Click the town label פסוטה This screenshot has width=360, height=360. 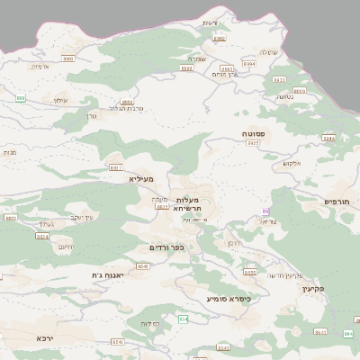pos(252,133)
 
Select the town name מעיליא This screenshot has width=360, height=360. pos(142,179)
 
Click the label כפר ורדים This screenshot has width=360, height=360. pos(166,247)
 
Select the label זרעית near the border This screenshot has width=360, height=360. pos(211,22)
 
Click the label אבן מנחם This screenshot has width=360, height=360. pos(228,75)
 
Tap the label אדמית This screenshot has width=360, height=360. pos(39,67)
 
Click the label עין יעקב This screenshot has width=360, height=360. pos(82,217)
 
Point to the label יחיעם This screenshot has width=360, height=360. pos(66,246)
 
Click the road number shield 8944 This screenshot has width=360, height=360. pos(328,139)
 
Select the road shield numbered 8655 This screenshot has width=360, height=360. pos(250,272)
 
